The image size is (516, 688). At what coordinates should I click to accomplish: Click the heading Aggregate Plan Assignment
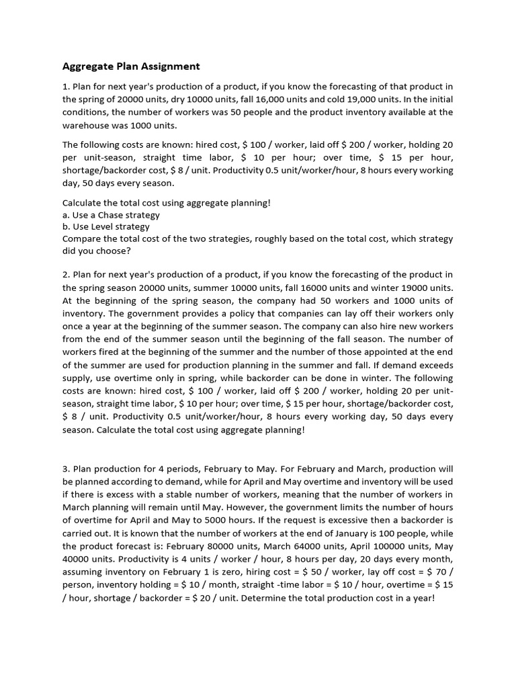(x=131, y=66)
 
